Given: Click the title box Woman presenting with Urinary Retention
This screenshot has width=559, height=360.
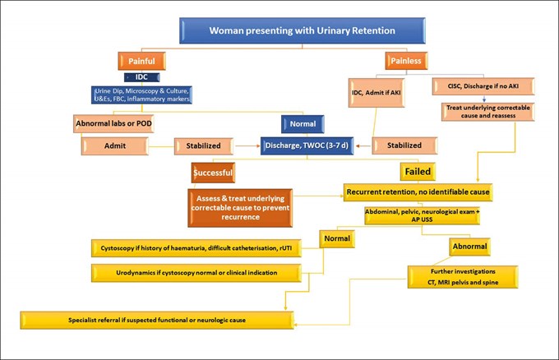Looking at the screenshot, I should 303,31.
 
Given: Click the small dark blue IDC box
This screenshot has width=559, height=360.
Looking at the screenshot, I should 142,77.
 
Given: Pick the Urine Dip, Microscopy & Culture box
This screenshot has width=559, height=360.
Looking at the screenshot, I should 142,95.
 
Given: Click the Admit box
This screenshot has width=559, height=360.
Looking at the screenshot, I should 114,146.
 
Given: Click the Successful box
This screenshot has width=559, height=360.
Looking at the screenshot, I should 213,173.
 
